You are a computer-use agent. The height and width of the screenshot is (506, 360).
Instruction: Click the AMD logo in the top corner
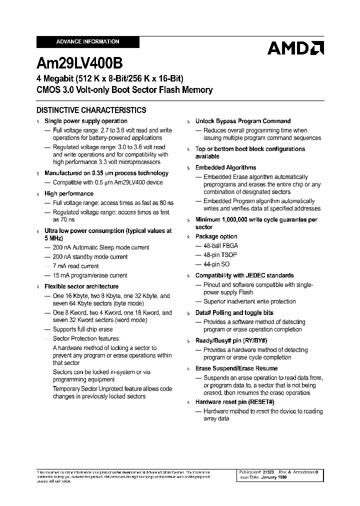[x=295, y=48]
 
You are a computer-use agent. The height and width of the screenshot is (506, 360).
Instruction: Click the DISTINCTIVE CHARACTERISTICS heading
[x=91, y=110]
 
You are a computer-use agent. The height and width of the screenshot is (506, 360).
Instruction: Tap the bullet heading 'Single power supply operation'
[x=86, y=121]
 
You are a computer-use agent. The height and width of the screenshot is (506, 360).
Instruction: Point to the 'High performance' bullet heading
[x=69, y=193]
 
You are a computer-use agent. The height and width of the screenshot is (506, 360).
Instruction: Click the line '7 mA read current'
[x=75, y=266]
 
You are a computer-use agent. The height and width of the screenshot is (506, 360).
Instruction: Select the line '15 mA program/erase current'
[x=90, y=275]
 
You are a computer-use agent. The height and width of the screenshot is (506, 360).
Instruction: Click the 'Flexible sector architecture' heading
[x=81, y=286]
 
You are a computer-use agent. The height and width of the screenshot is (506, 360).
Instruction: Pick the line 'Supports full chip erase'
[x=82, y=329]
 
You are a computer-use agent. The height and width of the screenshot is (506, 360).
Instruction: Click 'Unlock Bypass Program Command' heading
[x=242, y=121]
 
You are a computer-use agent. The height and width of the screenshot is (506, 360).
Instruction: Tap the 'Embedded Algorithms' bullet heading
[x=225, y=167]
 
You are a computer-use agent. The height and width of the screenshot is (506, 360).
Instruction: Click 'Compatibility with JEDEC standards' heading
[x=244, y=275]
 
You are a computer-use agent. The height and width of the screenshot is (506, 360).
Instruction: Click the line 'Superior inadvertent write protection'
[x=249, y=301]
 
